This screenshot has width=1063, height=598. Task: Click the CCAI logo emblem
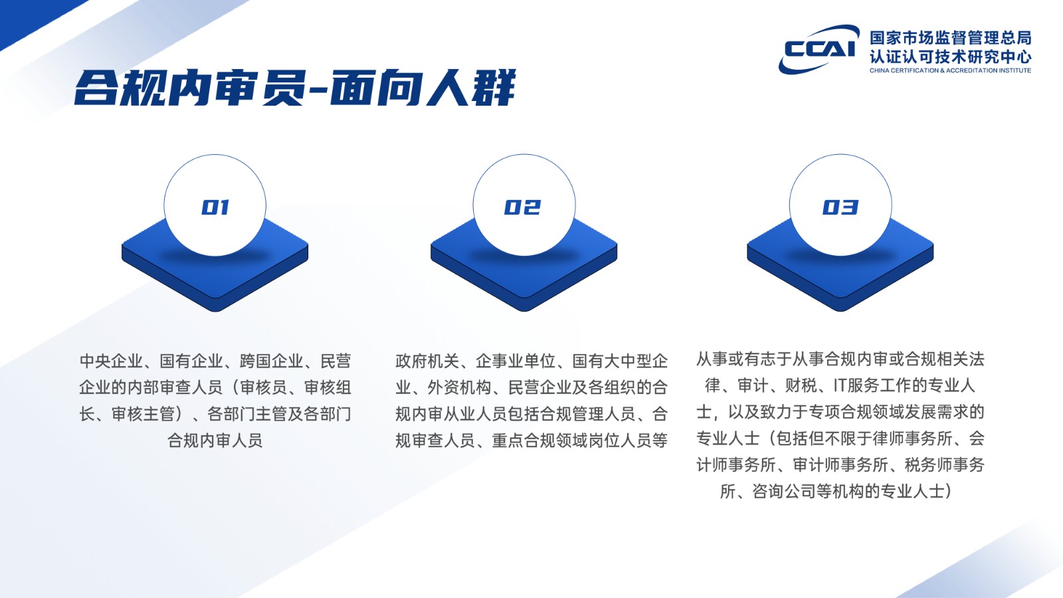819,49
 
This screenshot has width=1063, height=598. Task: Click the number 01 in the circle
215,207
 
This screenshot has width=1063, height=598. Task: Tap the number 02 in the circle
522,207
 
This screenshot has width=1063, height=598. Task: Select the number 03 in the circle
840,207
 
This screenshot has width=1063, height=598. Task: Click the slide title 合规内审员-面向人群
295,88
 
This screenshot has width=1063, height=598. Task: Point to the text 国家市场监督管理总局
951,38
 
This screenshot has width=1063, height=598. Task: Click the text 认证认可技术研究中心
951,57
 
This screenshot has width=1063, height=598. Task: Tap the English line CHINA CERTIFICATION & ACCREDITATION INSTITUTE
951,70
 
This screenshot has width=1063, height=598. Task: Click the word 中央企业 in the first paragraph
111,361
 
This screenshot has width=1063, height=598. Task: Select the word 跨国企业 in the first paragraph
272,361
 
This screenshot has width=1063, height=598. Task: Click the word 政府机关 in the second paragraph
427,361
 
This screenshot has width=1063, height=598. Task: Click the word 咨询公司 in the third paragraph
784,491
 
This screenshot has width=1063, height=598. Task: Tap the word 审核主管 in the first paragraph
144,415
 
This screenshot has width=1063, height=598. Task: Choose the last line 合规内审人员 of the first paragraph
215,441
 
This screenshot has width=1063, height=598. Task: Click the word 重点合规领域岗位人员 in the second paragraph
571,441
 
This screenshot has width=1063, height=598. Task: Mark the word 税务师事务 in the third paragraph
944,465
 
